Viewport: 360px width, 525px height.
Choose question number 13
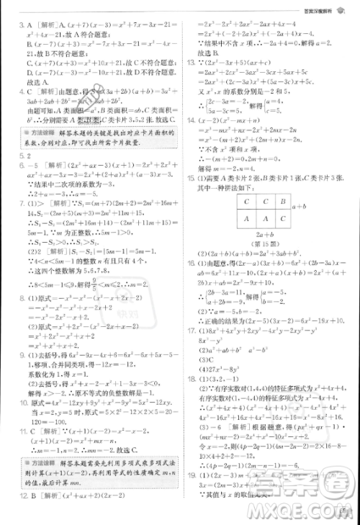point(190,62)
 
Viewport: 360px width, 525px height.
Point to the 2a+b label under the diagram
point(254,235)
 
